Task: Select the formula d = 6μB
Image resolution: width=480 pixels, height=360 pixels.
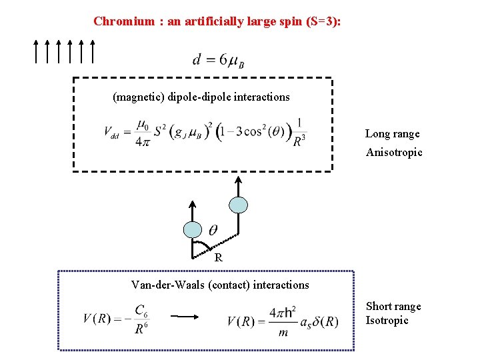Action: point(219,61)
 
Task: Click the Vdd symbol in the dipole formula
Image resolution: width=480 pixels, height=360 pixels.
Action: point(111,132)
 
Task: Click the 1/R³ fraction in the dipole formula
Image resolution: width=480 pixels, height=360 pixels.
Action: point(300,132)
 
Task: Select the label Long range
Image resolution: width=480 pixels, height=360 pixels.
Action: point(392,134)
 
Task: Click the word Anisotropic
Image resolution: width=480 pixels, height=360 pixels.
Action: point(394,153)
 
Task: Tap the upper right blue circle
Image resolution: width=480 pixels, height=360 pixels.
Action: point(238,204)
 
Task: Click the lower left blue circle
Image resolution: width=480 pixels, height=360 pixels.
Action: point(192,229)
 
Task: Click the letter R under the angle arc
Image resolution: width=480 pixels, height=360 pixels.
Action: point(218,258)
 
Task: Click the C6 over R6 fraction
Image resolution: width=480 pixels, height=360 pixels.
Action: point(141,319)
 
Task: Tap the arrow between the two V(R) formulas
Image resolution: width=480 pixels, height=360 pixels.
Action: point(184,317)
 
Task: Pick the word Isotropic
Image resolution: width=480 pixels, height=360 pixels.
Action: point(387,321)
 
